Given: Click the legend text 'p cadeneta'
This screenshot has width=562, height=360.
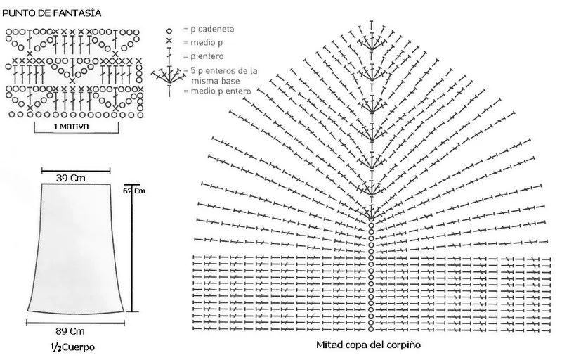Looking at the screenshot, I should pos(207,30).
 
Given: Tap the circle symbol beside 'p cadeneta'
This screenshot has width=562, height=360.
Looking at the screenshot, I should pos(169,31).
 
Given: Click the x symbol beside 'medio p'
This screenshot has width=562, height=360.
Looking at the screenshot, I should pos(169,43).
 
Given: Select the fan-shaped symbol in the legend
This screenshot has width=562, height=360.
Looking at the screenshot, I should pos(169,76).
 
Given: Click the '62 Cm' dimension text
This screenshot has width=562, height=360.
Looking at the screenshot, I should pos(134,191).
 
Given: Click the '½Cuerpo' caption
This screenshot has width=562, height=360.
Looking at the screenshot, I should pos(74,347).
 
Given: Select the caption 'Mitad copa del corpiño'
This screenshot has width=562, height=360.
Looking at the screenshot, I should pos(368,345).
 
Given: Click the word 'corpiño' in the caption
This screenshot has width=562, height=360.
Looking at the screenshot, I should pos(403,345).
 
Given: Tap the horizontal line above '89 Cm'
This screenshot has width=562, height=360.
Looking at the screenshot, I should pos(75,322).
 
